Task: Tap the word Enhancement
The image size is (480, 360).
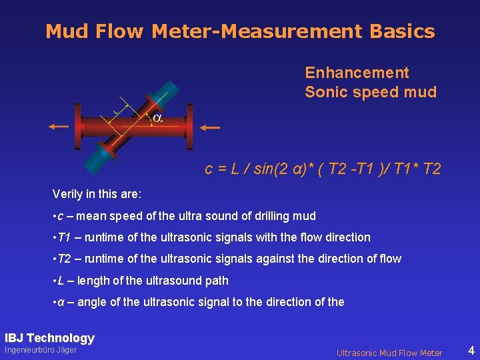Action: (x=357, y=73)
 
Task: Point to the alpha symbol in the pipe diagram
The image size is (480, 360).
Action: (x=157, y=118)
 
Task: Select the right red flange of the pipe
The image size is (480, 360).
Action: (x=190, y=127)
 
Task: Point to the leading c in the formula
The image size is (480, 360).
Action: (x=209, y=169)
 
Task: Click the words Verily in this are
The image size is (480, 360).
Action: (x=97, y=195)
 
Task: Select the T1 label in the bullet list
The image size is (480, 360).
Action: (x=65, y=237)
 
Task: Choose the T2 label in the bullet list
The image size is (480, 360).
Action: (x=65, y=259)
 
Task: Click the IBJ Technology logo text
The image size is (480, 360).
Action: (x=49, y=338)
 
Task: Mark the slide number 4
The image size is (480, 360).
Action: (x=471, y=350)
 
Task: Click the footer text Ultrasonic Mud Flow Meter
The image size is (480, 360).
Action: (x=389, y=353)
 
